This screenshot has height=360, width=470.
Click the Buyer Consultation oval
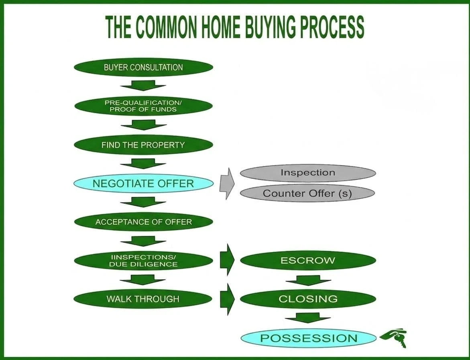pyautogui.click(x=143, y=67)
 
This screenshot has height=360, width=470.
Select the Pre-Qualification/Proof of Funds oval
pyautogui.click(x=143, y=106)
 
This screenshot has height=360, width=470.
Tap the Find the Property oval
pyautogui.click(x=143, y=145)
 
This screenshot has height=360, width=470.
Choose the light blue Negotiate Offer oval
pyautogui.click(x=143, y=183)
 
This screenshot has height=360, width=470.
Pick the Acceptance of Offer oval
pyautogui.click(x=143, y=222)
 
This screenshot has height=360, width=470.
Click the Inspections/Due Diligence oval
pyautogui.click(x=143, y=261)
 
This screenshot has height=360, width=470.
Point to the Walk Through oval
pyautogui.click(x=142, y=299)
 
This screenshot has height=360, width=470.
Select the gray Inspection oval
pyautogui.click(x=308, y=173)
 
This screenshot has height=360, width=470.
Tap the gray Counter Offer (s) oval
pyautogui.click(x=307, y=193)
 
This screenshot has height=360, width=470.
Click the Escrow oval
pyautogui.click(x=308, y=260)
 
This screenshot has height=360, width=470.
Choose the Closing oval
pyautogui.click(x=308, y=299)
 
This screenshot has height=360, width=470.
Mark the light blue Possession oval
pyautogui.click(x=308, y=338)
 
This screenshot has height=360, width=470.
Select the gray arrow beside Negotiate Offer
pyautogui.click(x=227, y=183)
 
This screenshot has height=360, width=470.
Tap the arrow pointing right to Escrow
pyautogui.click(x=227, y=260)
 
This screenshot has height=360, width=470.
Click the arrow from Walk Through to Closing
pyautogui.click(x=227, y=299)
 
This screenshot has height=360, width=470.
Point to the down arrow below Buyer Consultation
pyautogui.click(x=143, y=86)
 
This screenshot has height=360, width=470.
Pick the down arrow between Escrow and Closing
pyautogui.click(x=308, y=280)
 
